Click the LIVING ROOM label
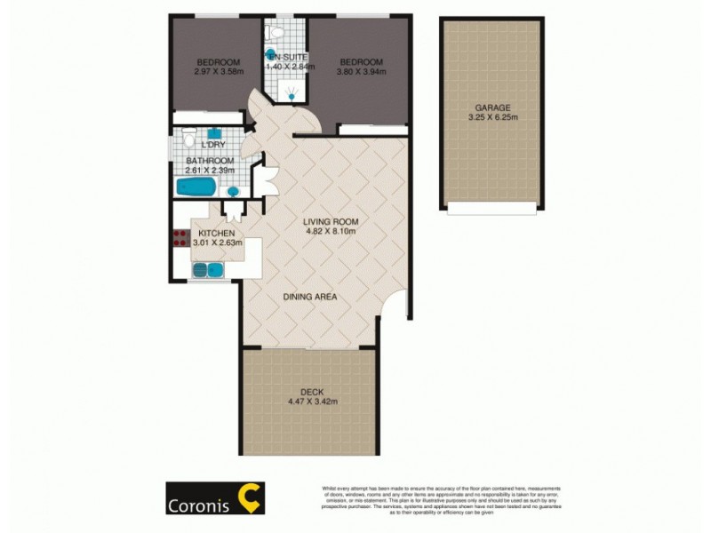[x=330, y=221]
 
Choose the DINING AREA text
[x=309, y=297]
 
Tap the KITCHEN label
[x=215, y=233]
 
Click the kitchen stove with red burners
[x=178, y=237]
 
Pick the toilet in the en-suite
[x=275, y=34]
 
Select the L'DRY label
[x=213, y=145]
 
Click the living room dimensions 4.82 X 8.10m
[x=330, y=232]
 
